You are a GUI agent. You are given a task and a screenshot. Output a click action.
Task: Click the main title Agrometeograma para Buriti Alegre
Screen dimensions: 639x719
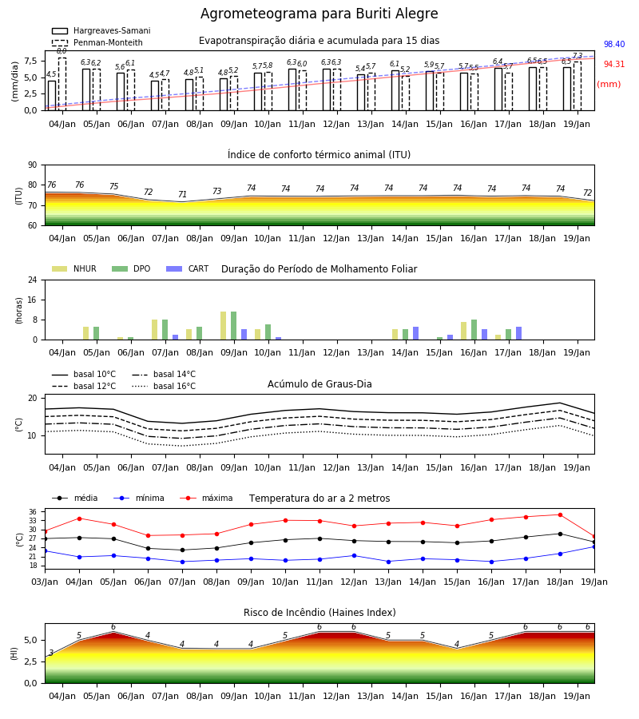pos(319,14)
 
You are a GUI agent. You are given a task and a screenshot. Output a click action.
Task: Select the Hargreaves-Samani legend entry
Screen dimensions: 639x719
pos(101,30)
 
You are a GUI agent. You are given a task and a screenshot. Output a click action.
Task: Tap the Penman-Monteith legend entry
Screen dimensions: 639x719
pos(97,42)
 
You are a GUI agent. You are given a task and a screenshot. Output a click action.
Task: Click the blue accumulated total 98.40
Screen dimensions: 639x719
pos(614,44)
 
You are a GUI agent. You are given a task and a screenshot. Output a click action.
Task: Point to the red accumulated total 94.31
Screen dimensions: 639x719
pos(614,64)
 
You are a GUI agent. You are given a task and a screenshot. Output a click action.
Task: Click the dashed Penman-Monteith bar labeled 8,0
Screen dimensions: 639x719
pos(62,84)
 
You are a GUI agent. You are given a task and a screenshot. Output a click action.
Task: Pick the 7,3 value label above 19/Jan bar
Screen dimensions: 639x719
pos(577,55)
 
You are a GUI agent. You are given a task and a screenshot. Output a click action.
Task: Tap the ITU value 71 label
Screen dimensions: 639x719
pos(182,194)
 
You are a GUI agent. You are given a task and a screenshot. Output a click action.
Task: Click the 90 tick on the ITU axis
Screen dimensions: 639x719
pos(33,165)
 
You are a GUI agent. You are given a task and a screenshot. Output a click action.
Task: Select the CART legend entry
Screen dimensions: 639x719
pos(188,268)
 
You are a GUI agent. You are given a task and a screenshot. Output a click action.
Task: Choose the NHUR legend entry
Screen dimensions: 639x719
pos(74,268)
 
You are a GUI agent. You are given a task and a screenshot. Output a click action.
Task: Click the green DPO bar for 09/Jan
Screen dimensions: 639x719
pos(234,326)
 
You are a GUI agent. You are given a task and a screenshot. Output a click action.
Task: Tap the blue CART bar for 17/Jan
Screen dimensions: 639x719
pos(519,333)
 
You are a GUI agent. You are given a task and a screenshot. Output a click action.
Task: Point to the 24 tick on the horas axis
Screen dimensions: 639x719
pos(33,280)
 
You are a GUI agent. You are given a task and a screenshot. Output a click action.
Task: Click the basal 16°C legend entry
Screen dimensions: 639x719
pos(164,386)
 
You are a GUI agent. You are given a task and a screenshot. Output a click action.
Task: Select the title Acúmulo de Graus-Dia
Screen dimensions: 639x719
pos(319,383)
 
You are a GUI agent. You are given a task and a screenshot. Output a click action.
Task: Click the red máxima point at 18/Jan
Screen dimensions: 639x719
pos(560,515)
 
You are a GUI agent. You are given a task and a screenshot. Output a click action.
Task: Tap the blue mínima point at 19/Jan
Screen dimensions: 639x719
pos(594,546)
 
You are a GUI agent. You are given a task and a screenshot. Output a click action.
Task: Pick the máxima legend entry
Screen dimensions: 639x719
pos(206,498)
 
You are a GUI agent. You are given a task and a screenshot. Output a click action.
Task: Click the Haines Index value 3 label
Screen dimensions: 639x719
pos(51,653)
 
